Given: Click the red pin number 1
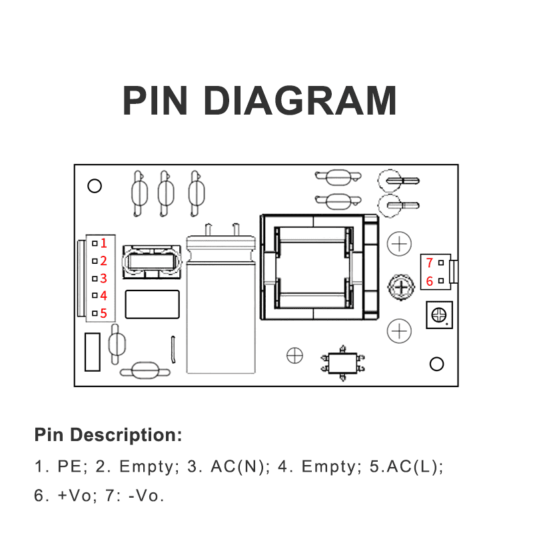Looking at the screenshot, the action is coord(103,244).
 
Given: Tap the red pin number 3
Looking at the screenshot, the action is coord(103,278).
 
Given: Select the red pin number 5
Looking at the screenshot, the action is coord(103,312).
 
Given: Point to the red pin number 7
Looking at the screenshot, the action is coord(430,263).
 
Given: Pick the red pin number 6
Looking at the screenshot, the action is coord(430,281).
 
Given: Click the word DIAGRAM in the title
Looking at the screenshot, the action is coord(300,101).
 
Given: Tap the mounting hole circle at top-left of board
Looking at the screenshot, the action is coord(95,186).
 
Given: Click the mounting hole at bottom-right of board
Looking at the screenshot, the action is coord(437,364).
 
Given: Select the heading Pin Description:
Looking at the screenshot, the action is coord(108,436).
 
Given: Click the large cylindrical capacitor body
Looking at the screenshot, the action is coord(221,306).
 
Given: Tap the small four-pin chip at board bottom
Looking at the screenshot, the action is coord(343,364).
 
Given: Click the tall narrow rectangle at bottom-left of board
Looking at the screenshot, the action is coord(93,352).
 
